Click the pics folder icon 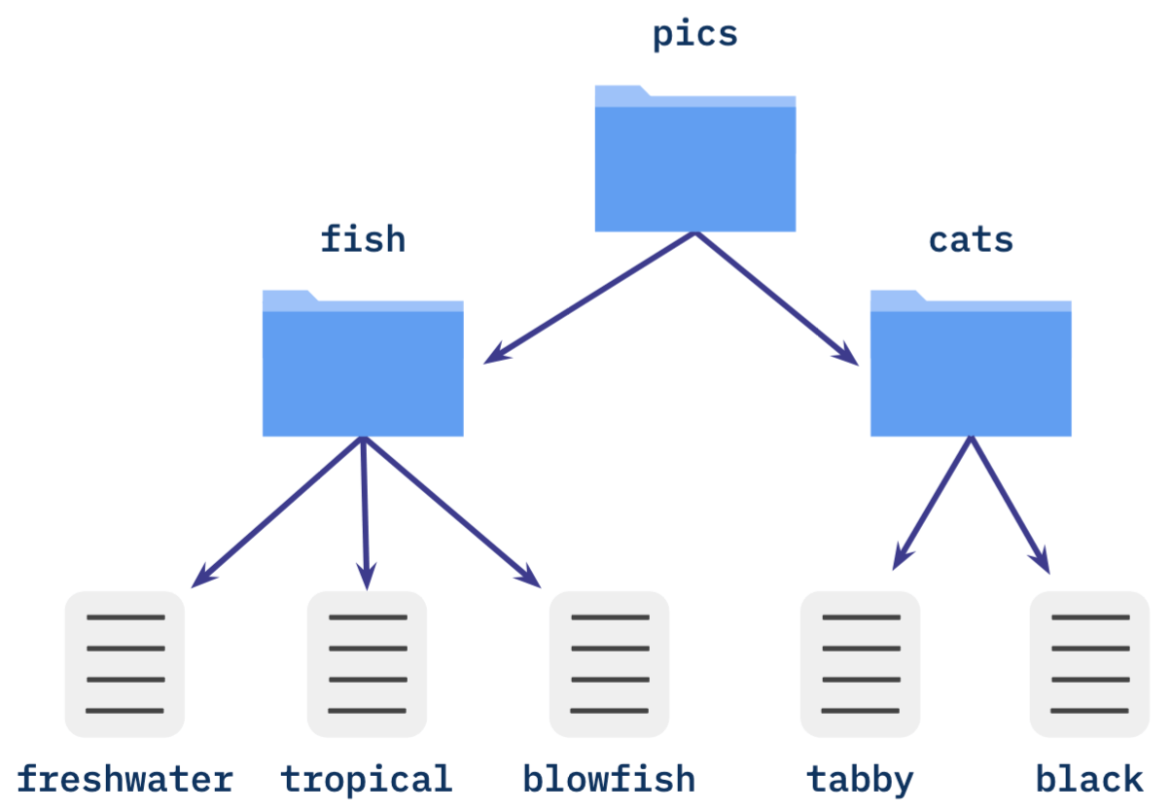coord(694,160)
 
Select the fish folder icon coord(363,364)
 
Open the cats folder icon coord(970,364)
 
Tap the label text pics coord(694,34)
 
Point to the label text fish coord(363,238)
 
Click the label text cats coord(971,239)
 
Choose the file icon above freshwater coord(124,663)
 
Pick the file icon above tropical coord(367,663)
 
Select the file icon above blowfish coord(609,663)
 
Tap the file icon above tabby coord(860,663)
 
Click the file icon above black coord(1089,663)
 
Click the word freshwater coord(124,780)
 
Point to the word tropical coord(367,780)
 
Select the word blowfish coord(609,780)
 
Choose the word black coord(1089,780)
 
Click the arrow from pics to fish coord(590,298)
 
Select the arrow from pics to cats coord(776,298)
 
